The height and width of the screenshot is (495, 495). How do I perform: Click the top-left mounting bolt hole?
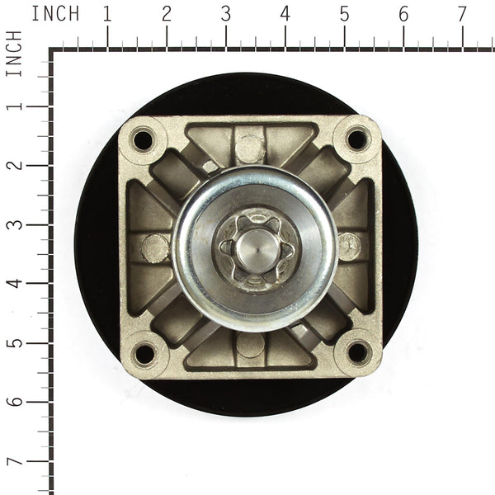[x=143, y=139]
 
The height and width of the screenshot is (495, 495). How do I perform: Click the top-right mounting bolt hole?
[x=357, y=139]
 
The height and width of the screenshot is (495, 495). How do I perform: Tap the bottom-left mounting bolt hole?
[x=144, y=354]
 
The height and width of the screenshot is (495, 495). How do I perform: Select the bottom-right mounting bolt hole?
[x=357, y=352]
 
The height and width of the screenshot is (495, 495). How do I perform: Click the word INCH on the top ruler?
[x=55, y=14]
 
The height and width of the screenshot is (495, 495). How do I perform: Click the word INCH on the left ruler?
[x=14, y=54]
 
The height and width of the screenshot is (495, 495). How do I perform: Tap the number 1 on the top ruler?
[x=107, y=14]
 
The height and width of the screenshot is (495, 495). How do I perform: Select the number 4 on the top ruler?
[x=285, y=14]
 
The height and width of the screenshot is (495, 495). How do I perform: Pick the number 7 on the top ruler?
[x=462, y=14]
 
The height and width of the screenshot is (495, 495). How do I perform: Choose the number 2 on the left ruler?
[x=14, y=165]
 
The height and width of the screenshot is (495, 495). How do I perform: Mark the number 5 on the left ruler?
[x=14, y=342]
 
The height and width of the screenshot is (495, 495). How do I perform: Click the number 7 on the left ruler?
[x=14, y=460]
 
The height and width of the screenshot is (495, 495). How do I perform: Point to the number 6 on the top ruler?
[x=403, y=14]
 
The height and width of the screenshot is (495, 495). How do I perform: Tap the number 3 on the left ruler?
[x=14, y=224]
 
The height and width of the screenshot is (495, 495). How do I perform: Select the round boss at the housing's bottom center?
[x=250, y=345]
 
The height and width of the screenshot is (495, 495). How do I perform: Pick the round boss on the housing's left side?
[x=154, y=247]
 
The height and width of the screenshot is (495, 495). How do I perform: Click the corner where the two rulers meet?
[x=52, y=51]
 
